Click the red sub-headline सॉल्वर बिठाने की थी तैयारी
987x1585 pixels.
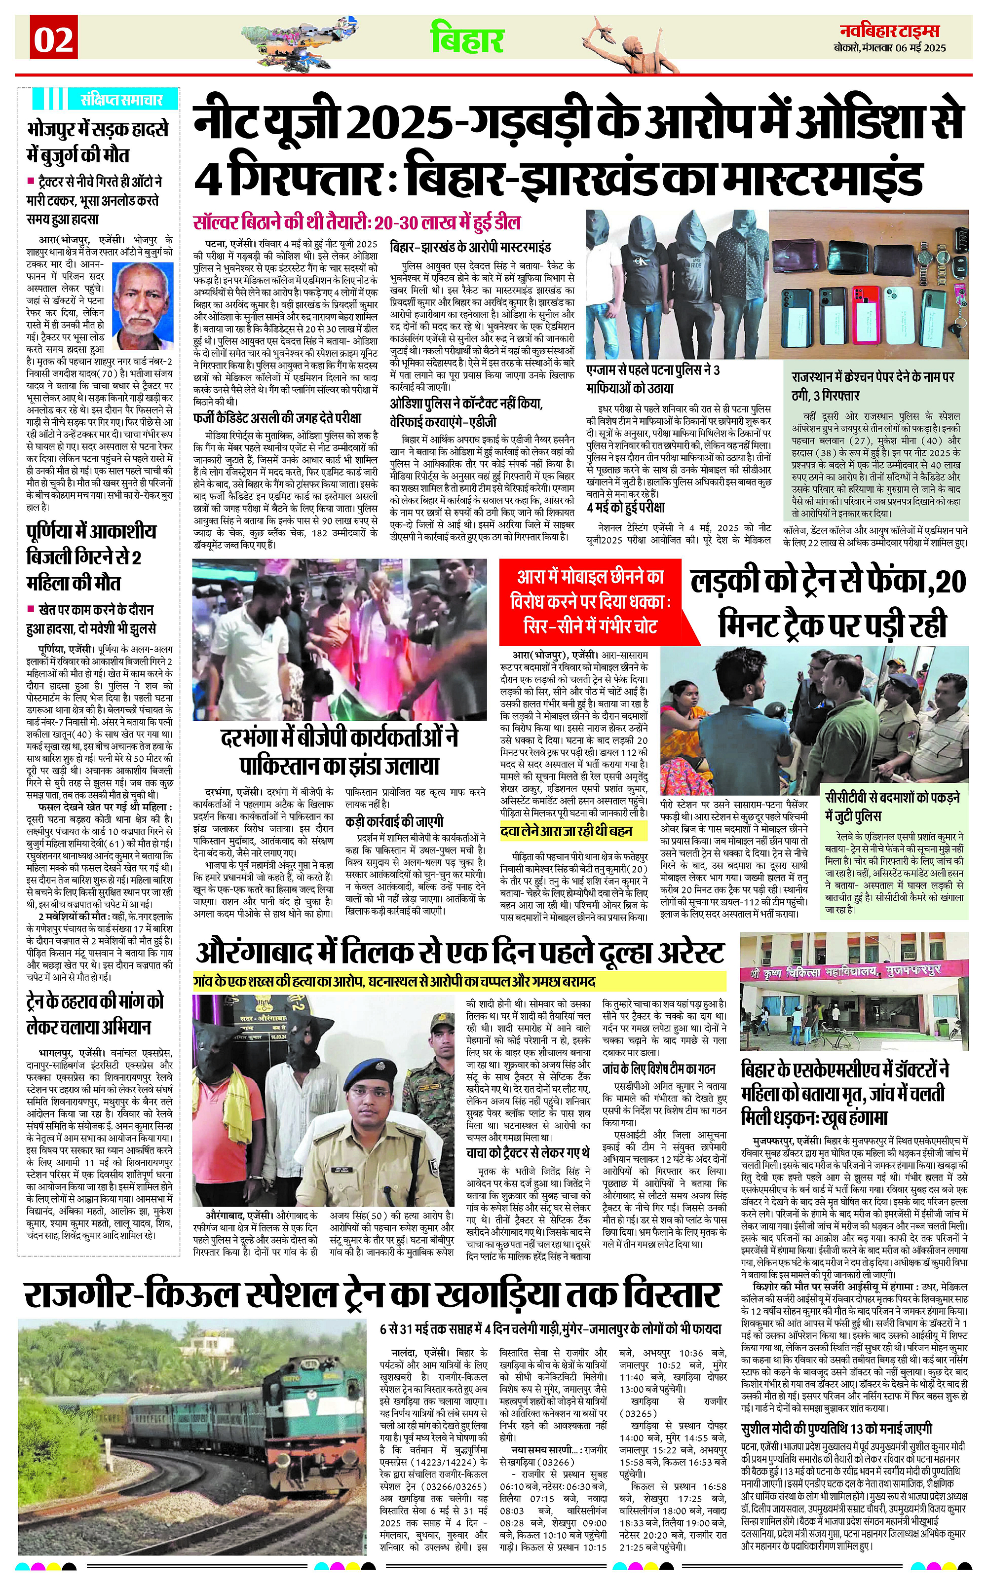click(x=356, y=222)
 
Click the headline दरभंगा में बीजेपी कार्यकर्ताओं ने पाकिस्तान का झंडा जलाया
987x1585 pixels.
click(x=340, y=751)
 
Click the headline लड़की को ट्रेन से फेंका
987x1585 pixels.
click(x=828, y=602)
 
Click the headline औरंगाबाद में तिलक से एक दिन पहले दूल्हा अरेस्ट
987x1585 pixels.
click(x=460, y=954)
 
